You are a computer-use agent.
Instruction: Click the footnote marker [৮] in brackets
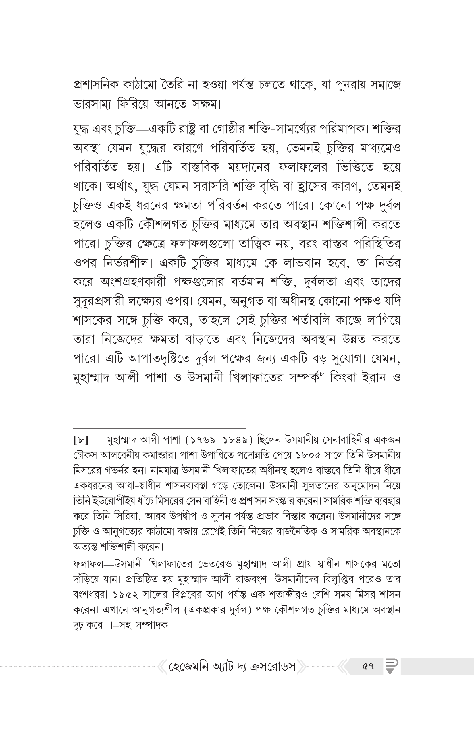(x=81, y=441)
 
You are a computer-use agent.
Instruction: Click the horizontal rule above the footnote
(x=159, y=428)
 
